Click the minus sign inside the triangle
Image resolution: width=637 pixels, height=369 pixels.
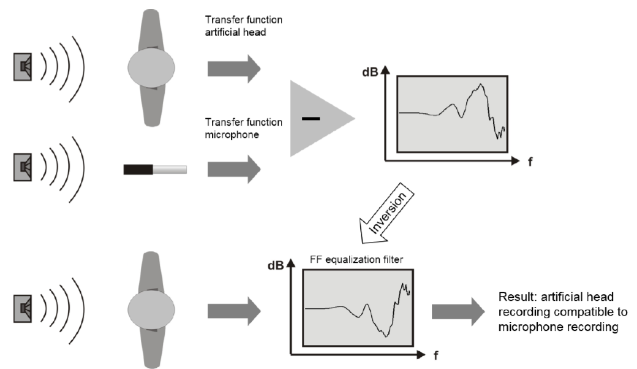pyautogui.click(x=311, y=119)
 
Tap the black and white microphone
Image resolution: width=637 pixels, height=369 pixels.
pyautogui.click(x=155, y=168)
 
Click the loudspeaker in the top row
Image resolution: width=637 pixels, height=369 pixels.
pyautogui.click(x=23, y=67)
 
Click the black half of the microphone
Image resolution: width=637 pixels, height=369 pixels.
pyautogui.click(x=138, y=168)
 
